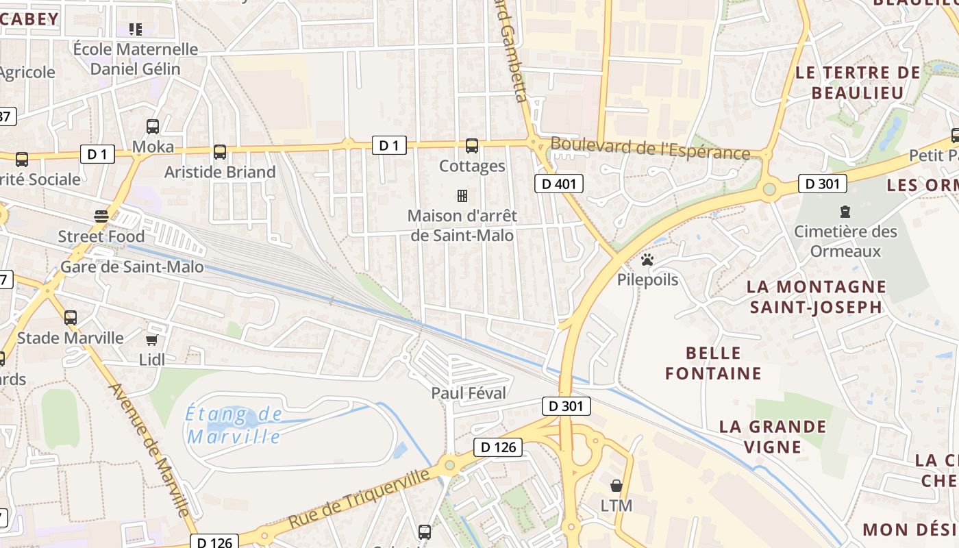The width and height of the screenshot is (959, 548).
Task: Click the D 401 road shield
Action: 558,184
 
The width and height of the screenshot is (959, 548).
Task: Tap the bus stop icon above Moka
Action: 153,127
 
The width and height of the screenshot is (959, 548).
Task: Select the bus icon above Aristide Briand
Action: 220,152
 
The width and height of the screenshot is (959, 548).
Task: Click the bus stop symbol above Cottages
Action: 472,145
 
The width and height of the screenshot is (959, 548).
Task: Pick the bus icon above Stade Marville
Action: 71,318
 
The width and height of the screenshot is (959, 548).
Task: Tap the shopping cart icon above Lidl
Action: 152,340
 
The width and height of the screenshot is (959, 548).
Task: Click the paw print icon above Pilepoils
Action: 647,260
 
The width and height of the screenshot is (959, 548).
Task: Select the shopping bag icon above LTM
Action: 616,486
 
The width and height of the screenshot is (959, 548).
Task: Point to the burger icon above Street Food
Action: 101,216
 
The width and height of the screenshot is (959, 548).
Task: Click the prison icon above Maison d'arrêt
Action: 462,196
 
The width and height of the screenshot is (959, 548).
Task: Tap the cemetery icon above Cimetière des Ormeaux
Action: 845,212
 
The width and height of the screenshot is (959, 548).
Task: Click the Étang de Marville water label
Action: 234,425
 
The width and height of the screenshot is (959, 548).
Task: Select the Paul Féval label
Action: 469,393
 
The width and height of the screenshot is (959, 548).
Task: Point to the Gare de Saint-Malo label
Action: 132,266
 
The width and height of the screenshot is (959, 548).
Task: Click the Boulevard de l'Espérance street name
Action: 650,149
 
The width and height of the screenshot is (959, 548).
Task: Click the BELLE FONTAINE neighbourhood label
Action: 713,363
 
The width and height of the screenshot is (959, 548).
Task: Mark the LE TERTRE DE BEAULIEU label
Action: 858,82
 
